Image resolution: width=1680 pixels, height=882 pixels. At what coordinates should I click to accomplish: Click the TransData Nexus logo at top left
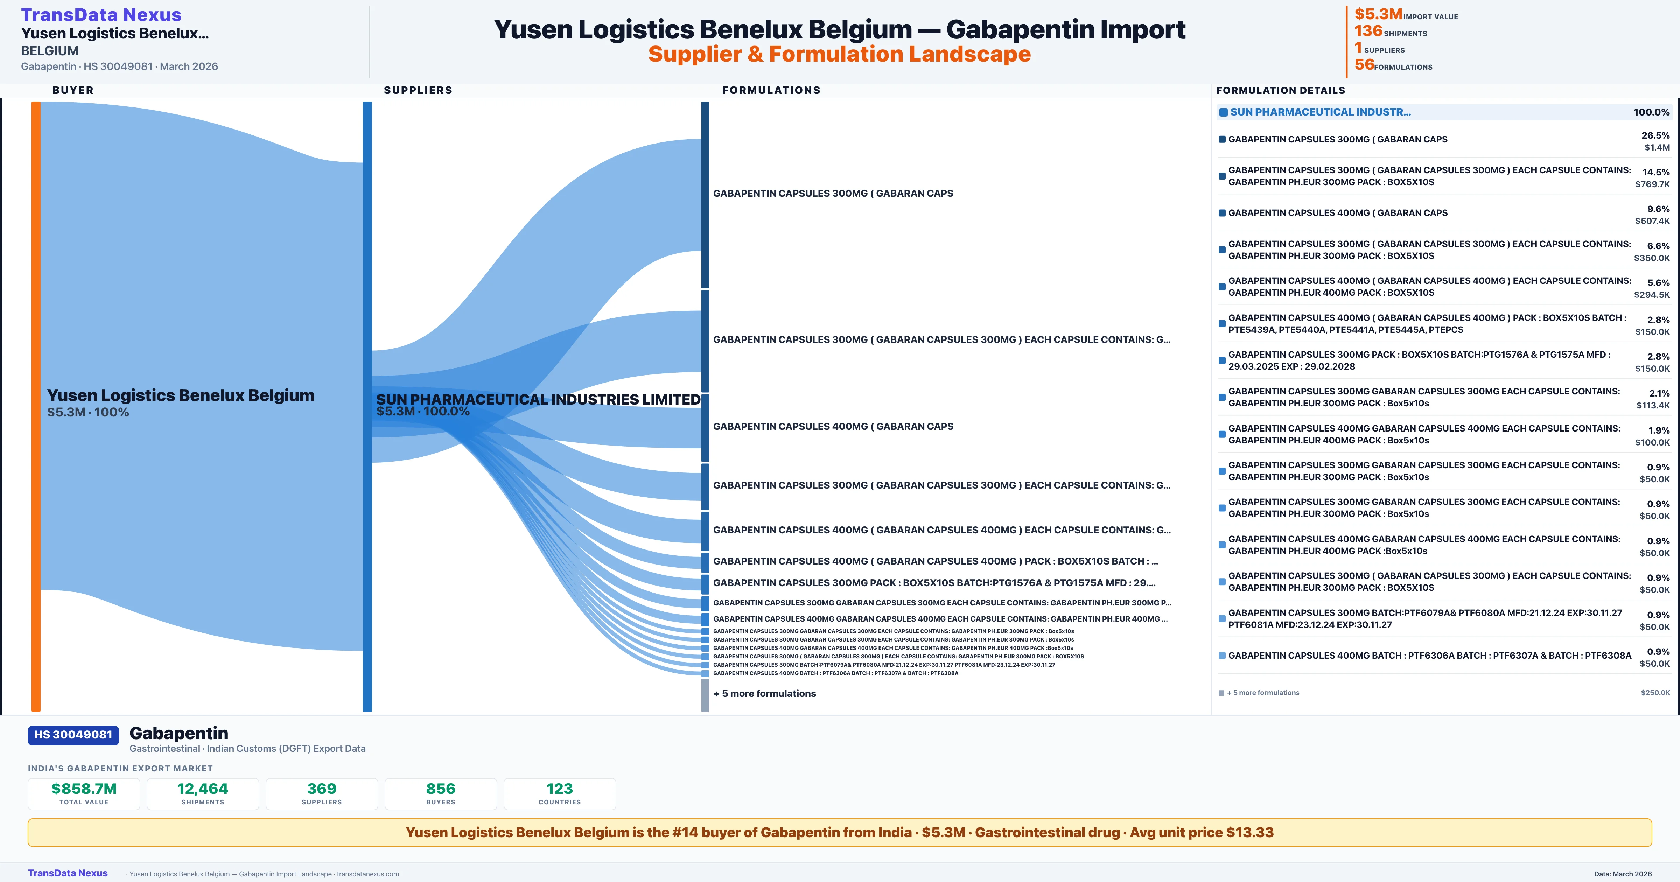tap(101, 14)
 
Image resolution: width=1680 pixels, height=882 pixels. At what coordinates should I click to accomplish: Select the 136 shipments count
tap(1368, 31)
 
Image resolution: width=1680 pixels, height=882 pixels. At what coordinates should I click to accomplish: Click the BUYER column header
tap(73, 90)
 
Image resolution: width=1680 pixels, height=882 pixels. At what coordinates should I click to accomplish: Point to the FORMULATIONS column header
tap(771, 90)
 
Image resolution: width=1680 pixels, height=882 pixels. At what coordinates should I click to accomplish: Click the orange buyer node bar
tap(36, 405)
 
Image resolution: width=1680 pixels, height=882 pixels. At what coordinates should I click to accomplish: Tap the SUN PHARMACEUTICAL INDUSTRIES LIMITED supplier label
tap(538, 399)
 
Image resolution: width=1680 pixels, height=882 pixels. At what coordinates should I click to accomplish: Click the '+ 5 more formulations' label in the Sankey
tap(764, 693)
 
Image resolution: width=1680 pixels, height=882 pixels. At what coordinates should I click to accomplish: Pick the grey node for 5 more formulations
tap(705, 695)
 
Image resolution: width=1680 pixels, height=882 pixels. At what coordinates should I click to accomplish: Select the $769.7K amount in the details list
tap(1652, 184)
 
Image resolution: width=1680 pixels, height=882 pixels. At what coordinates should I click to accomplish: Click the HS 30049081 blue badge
tap(73, 735)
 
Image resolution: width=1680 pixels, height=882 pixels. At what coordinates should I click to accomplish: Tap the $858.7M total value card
tap(84, 793)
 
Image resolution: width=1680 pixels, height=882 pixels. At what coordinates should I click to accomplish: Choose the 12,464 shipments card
tap(203, 793)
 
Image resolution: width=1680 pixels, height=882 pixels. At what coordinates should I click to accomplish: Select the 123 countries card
tap(560, 793)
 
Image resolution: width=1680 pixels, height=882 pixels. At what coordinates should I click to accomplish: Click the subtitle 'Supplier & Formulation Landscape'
tap(839, 54)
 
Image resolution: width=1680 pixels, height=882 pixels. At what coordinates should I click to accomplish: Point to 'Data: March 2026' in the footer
tap(1623, 874)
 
